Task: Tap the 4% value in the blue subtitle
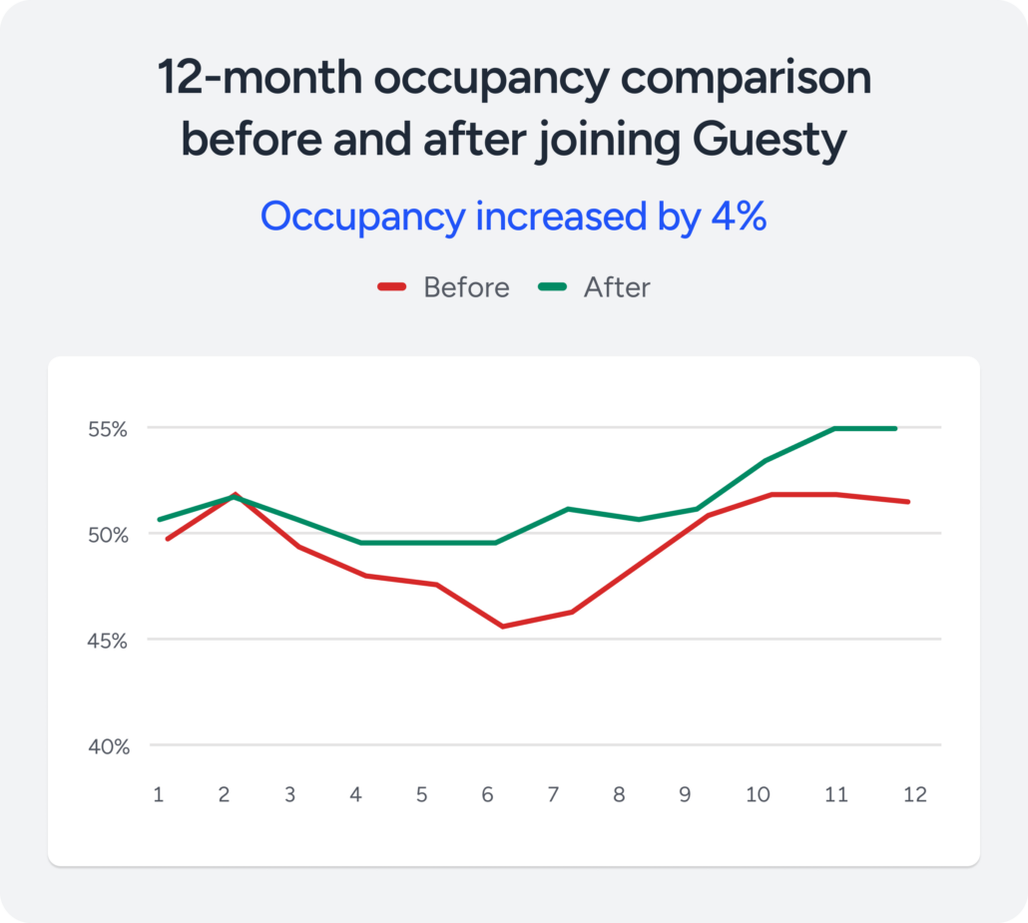pos(739,217)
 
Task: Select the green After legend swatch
pos(552,287)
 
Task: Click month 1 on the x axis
pos(158,794)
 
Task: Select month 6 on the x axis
pos(487,794)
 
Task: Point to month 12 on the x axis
pos(914,794)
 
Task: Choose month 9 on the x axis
pos(685,794)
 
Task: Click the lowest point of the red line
pos(501,627)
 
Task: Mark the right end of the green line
pos(895,428)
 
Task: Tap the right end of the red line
pos(907,501)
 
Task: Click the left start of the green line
pos(160,519)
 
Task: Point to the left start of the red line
pos(168,539)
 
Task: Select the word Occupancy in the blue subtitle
pos(361,217)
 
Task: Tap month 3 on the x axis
pos(289,794)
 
